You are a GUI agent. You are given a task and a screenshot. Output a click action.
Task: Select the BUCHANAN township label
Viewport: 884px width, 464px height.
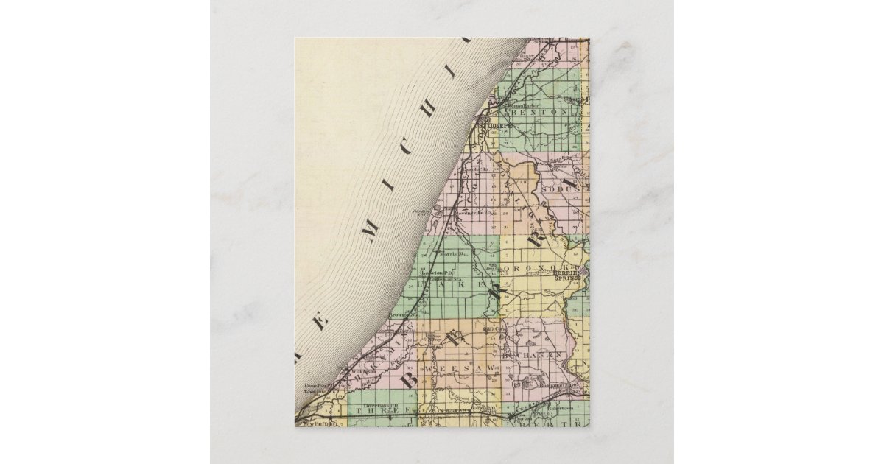click(x=532, y=356)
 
